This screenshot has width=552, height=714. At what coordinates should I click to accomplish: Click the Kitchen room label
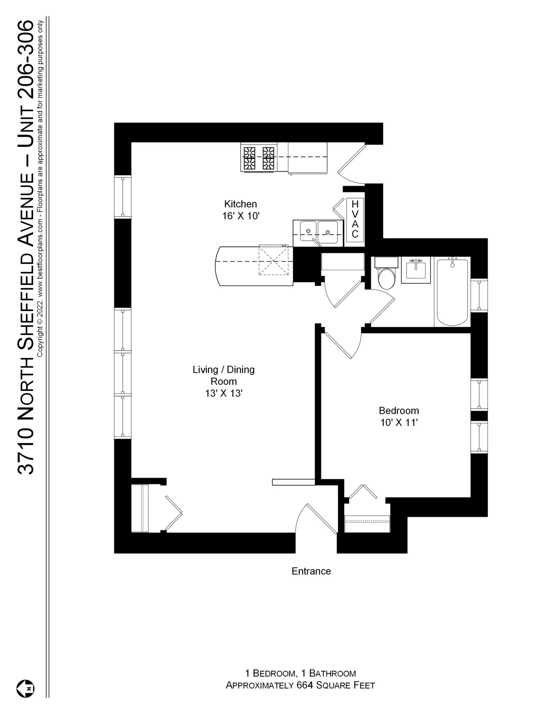click(240, 204)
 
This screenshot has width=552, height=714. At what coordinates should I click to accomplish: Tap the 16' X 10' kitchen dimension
click(241, 216)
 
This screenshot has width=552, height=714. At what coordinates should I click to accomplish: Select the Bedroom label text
click(399, 410)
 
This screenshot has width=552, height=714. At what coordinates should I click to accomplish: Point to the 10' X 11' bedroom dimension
click(399, 423)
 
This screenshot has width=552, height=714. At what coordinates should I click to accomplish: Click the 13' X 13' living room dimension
click(224, 393)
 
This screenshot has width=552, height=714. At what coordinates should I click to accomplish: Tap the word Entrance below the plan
click(311, 571)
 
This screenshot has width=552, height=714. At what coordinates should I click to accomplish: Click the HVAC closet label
click(355, 220)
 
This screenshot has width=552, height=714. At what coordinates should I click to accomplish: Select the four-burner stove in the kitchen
click(259, 157)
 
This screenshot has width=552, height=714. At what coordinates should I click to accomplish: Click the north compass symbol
click(25, 689)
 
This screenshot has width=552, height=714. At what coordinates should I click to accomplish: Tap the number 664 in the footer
click(304, 685)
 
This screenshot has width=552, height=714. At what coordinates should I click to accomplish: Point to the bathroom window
click(479, 295)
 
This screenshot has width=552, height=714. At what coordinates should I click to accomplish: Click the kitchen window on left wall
click(123, 197)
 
